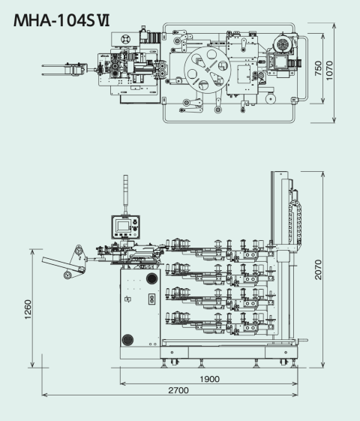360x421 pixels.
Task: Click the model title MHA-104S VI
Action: (61, 20)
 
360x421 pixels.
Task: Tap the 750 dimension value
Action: (318, 68)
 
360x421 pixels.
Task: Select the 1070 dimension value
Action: (329, 71)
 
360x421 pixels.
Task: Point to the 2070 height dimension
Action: (318, 269)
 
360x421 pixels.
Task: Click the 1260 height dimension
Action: (28, 309)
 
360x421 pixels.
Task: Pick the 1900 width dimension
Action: (210, 379)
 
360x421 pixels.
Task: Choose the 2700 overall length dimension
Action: (178, 390)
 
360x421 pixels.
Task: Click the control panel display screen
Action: (123, 226)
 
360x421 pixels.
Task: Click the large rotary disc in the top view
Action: (207, 70)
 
